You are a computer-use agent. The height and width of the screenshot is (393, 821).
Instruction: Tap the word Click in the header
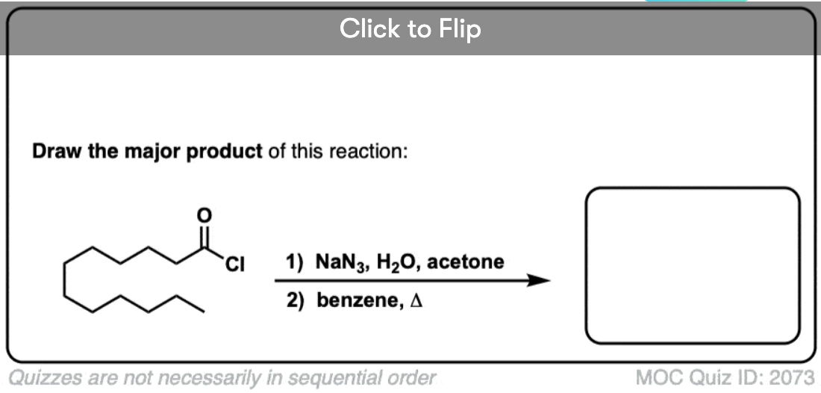[370, 28]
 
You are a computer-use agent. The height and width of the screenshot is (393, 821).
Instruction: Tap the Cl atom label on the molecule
[236, 264]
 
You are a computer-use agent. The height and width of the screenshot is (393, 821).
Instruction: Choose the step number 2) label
[294, 303]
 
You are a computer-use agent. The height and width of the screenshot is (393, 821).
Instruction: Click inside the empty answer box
[693, 266]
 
